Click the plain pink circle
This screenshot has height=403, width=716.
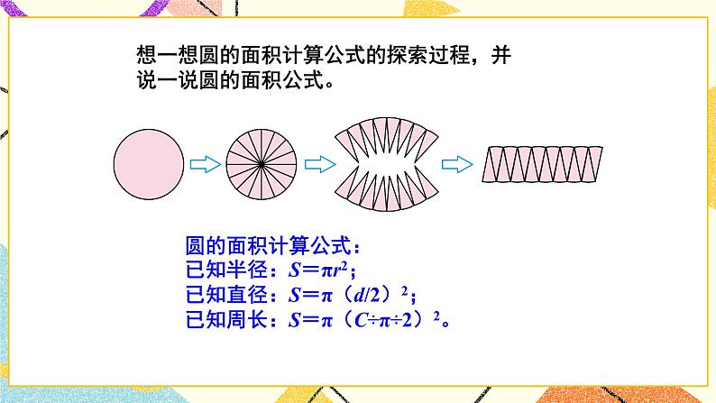[x=150, y=165]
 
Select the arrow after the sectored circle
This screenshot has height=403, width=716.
[x=316, y=165]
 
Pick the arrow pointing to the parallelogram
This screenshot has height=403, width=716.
[x=457, y=165]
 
